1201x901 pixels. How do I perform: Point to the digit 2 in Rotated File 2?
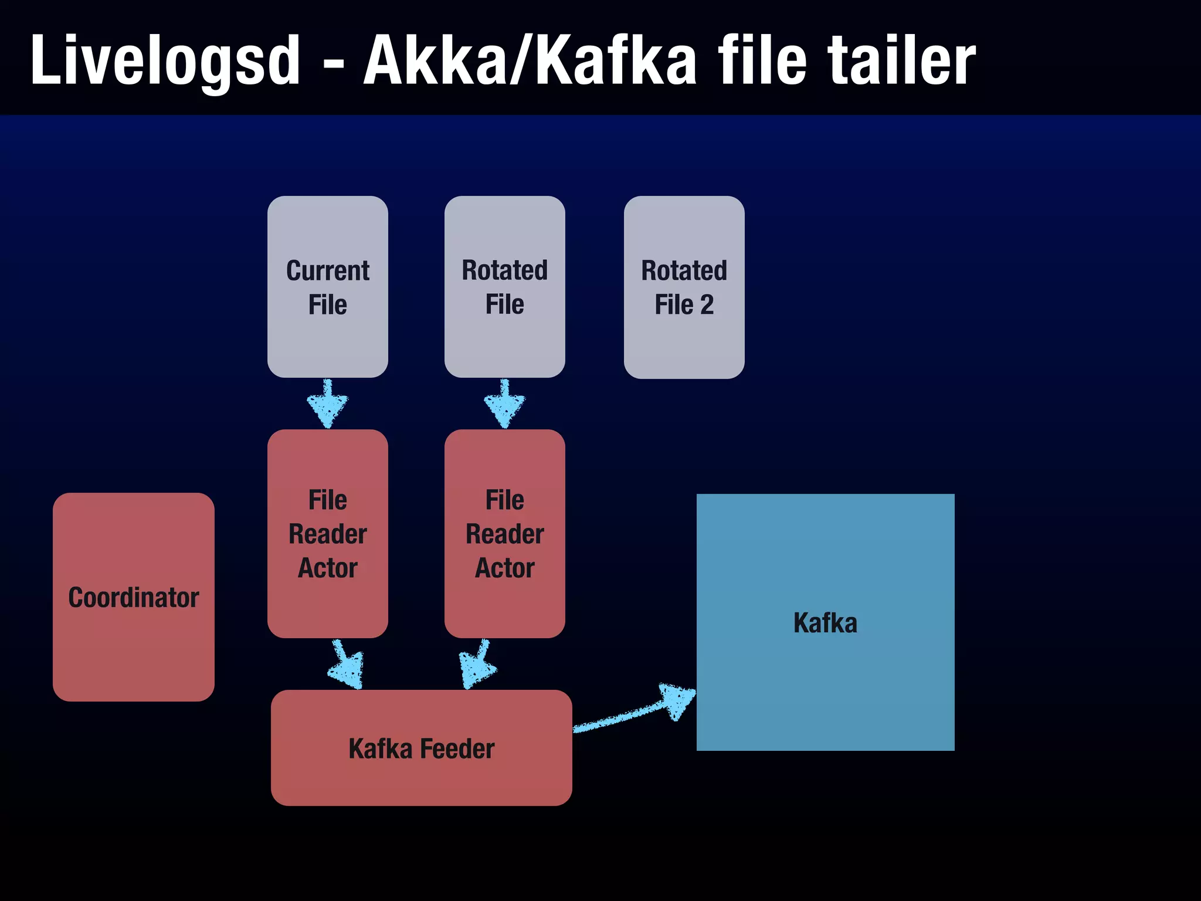tap(707, 305)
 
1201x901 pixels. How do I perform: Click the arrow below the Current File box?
tap(327, 404)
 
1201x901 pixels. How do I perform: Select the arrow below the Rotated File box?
tap(504, 404)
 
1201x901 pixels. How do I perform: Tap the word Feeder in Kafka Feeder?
tap(457, 749)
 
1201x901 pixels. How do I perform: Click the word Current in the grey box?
tap(327, 271)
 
